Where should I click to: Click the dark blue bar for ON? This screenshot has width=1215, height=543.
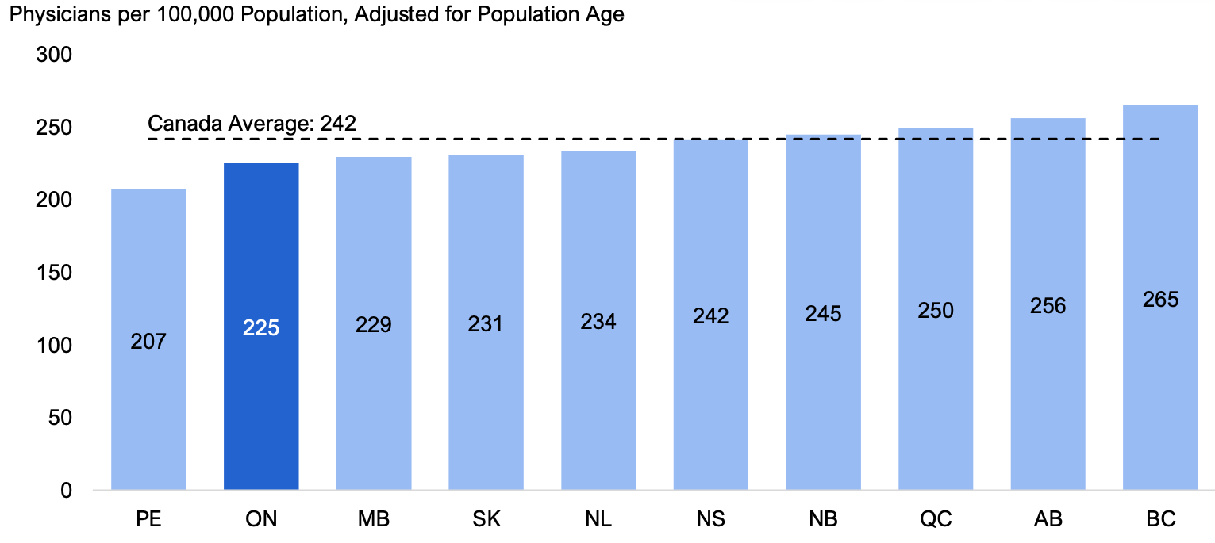coord(261,327)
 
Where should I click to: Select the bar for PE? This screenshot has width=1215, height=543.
coord(148,339)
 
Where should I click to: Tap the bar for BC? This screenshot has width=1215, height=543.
coord(1160,297)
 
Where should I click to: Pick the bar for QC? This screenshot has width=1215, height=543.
coord(936,309)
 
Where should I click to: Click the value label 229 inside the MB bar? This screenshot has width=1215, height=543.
coord(373,324)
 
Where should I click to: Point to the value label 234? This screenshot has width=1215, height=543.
coord(598,322)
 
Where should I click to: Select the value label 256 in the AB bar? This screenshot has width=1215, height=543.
coord(1048,306)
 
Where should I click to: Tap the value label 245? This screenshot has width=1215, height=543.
coord(823,314)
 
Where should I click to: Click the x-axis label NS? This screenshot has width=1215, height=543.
coord(710,519)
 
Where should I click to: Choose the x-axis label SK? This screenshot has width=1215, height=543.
coord(486,519)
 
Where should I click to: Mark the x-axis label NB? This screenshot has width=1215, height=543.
coord(823,519)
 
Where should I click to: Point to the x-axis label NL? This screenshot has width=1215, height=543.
coord(598,519)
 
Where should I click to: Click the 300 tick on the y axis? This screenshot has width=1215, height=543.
coord(54,55)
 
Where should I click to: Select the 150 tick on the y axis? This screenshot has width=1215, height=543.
coord(54,273)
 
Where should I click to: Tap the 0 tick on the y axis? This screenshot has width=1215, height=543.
coord(66,491)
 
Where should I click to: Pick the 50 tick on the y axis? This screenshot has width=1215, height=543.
coord(60,418)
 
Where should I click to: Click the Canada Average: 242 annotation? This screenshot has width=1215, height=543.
coord(252,124)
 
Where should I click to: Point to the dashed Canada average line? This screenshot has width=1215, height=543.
coord(654,140)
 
